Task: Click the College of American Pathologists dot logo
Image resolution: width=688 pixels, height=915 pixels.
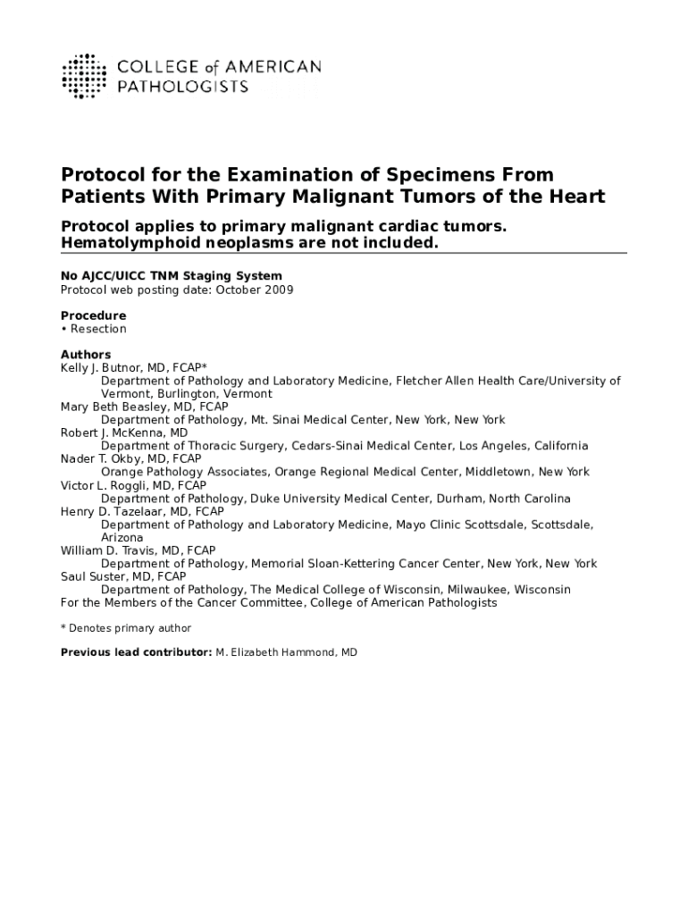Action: [83, 76]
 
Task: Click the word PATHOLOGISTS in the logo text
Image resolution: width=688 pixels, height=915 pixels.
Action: [183, 87]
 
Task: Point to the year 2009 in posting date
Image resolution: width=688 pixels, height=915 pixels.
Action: [277, 290]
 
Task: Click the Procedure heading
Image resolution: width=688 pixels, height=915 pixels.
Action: [93, 315]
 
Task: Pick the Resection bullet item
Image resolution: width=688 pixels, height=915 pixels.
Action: [98, 329]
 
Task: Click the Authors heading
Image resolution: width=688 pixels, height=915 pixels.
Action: [86, 355]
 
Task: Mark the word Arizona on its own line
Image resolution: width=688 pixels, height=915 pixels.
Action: [122, 538]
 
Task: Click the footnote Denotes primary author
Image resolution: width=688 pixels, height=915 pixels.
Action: [130, 629]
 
